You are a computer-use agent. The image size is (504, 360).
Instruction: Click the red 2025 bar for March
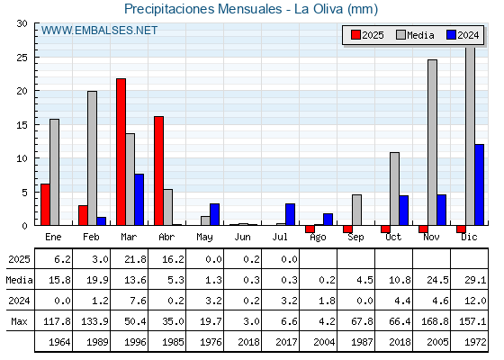point(121,152)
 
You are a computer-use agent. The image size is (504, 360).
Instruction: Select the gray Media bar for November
point(432,142)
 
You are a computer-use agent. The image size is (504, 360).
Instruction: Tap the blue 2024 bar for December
point(479,184)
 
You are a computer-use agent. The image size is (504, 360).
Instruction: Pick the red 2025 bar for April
point(158,171)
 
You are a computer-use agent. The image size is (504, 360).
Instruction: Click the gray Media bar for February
point(92,158)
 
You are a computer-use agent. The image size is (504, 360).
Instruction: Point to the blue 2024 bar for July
point(290,214)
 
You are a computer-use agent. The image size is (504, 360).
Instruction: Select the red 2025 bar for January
point(45,204)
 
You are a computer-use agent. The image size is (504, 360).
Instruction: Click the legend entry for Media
point(415,35)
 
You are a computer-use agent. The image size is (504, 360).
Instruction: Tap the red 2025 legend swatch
point(355,35)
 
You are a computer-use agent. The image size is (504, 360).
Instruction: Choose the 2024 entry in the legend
point(463,35)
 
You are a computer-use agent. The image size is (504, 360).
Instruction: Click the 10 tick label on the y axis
point(22,158)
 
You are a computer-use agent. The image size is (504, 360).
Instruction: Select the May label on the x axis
point(204,238)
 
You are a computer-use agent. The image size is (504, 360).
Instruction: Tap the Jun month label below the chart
point(242,238)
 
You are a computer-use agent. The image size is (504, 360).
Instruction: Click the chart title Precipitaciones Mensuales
point(203,9)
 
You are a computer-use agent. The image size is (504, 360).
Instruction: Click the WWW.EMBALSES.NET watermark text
point(99,31)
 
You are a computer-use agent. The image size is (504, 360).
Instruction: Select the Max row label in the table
point(19,321)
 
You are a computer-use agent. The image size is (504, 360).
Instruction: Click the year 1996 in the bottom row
point(135,342)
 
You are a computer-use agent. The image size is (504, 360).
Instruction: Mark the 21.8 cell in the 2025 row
point(135,259)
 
